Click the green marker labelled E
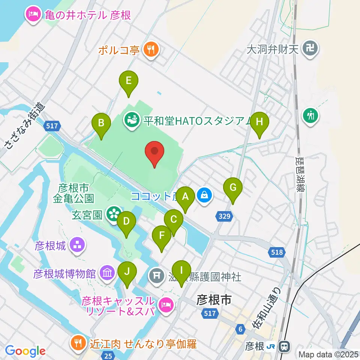click(x=129, y=81)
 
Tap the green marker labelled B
click(x=101, y=123)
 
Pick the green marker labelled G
click(x=233, y=187)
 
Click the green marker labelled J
click(x=127, y=271)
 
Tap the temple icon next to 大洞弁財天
click(x=311, y=49)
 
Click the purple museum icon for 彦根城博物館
click(x=107, y=273)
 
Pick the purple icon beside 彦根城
click(x=78, y=246)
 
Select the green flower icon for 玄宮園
click(x=112, y=214)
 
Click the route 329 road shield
click(x=225, y=216)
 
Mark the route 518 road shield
click(x=277, y=252)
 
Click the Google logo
click(x=25, y=351)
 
